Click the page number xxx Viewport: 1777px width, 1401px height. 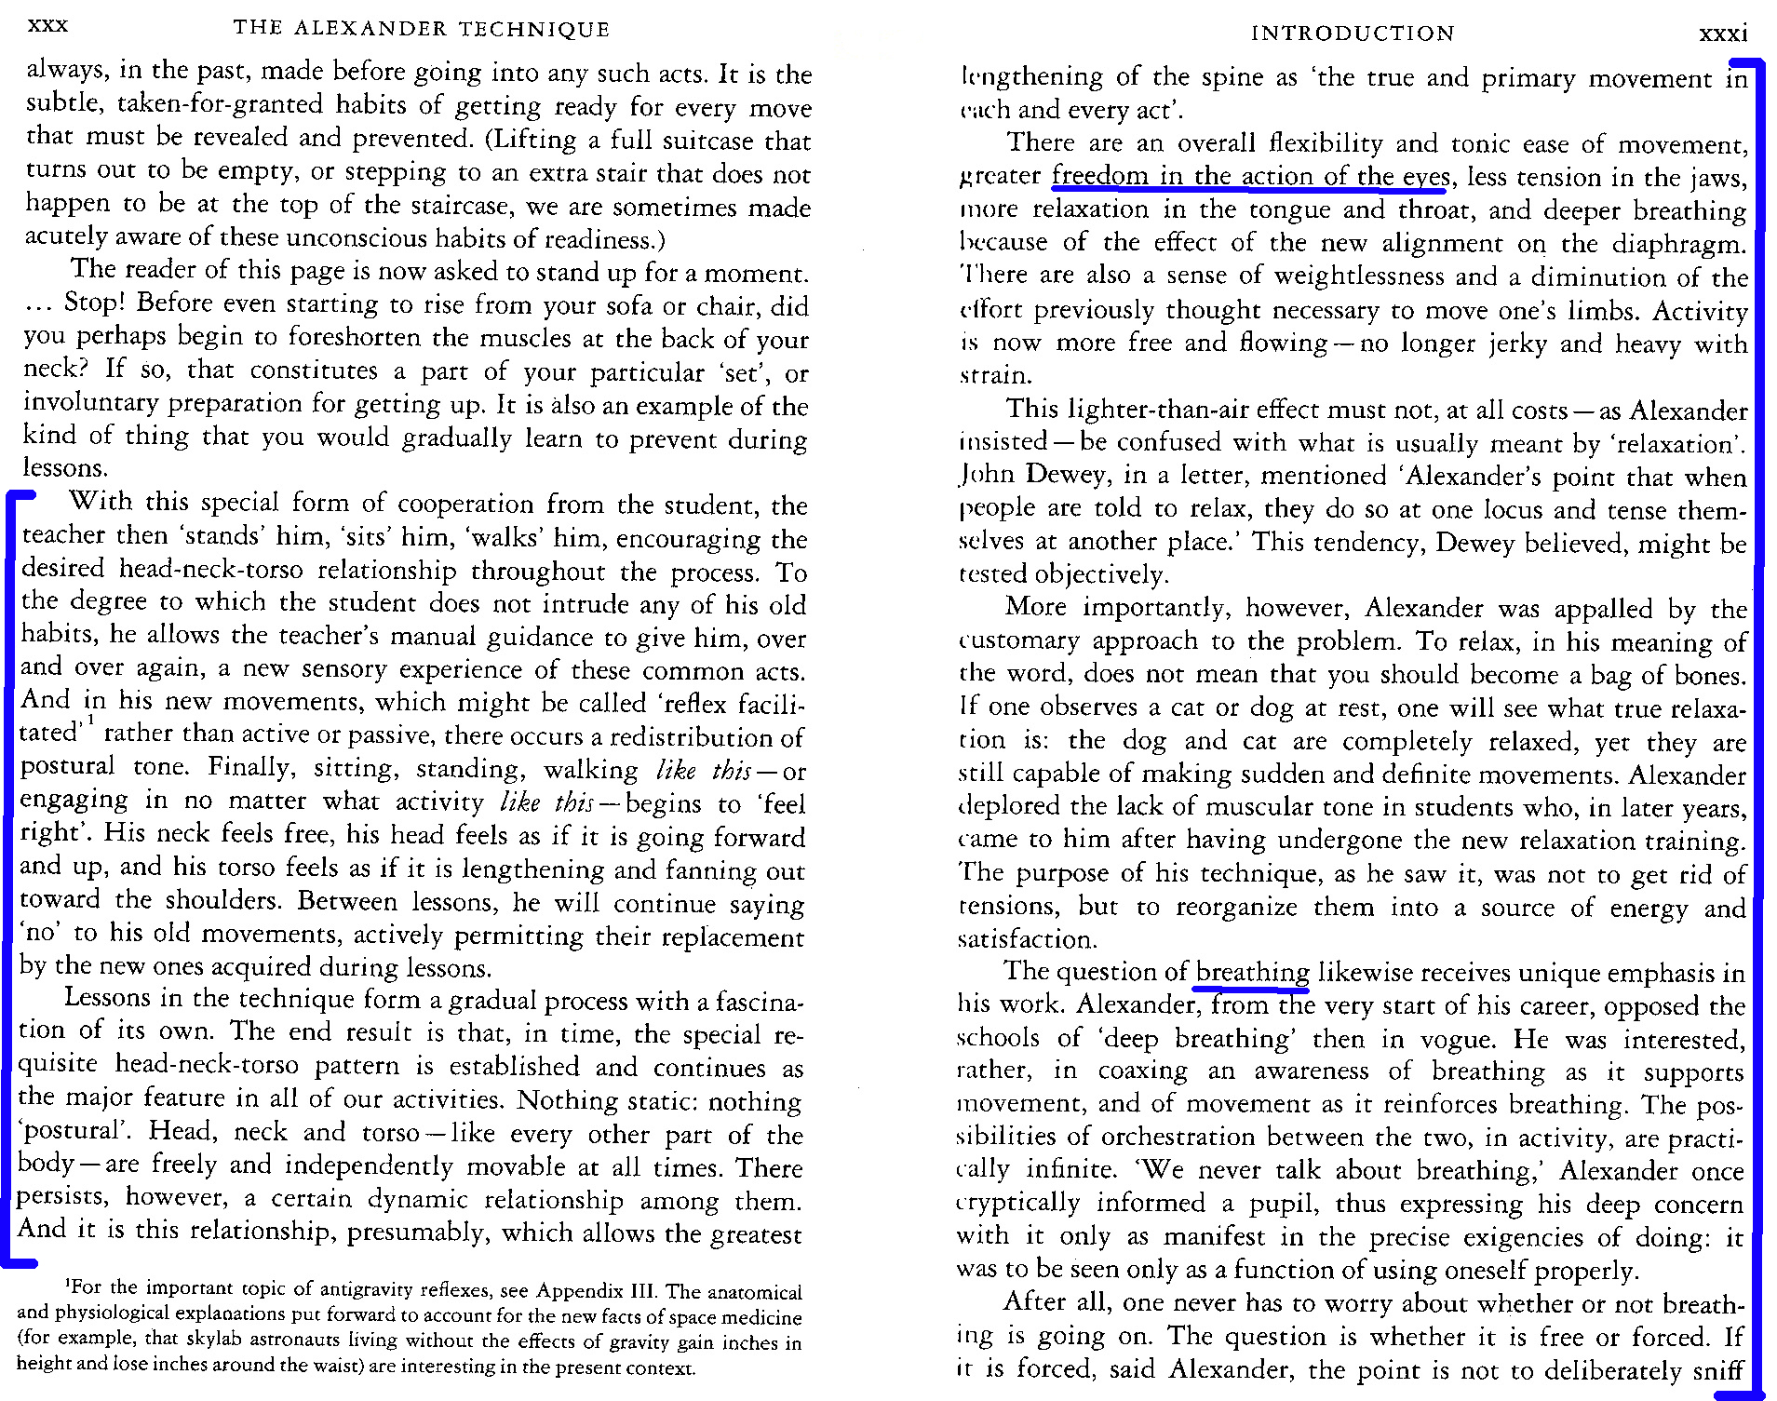point(47,25)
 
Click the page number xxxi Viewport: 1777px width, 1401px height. point(1722,34)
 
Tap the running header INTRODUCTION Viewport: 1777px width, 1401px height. point(1352,34)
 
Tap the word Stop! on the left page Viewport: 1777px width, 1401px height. point(94,303)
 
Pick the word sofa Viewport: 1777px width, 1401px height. point(550,305)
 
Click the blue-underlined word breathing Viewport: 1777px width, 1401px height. point(1252,973)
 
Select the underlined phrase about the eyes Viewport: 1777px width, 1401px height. point(1250,176)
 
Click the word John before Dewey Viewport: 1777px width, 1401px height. point(987,476)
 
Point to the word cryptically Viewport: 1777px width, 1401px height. point(1018,1204)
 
